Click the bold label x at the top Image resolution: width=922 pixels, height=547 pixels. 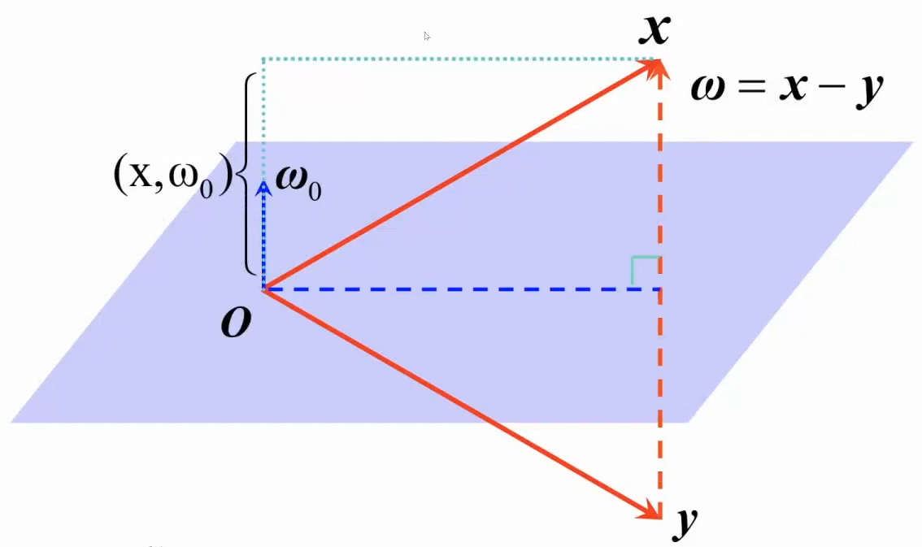coord(654,30)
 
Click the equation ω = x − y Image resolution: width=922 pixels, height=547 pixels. coord(786,86)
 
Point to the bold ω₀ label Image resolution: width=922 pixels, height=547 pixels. coord(298,180)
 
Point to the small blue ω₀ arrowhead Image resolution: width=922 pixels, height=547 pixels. coord(263,189)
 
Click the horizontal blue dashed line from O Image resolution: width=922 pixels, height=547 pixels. coord(455,289)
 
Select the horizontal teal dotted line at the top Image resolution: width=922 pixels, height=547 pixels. coord(455,59)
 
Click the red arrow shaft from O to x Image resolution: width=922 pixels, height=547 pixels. coord(455,176)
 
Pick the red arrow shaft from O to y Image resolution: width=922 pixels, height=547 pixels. coord(455,400)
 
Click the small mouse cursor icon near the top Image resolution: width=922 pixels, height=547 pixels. coord(427,36)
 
